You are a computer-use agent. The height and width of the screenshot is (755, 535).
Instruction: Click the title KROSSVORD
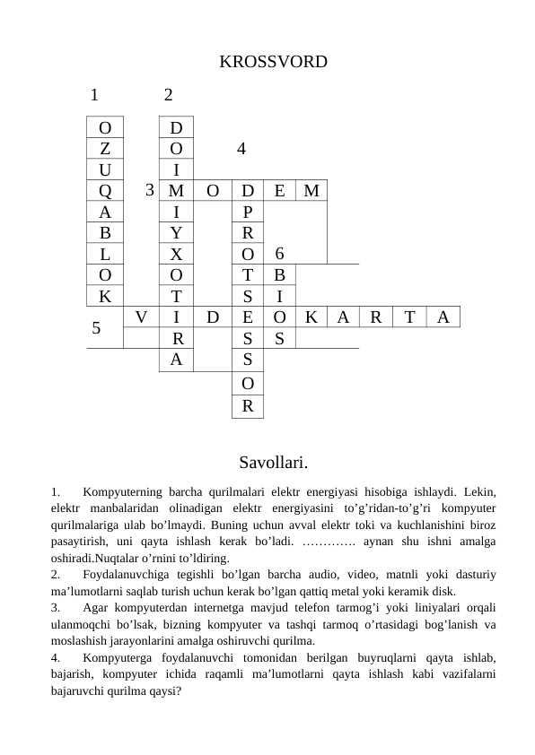tap(273, 62)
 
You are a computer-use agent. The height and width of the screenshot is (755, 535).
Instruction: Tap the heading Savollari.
tap(274, 463)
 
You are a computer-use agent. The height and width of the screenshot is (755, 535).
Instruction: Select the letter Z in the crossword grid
tap(105, 147)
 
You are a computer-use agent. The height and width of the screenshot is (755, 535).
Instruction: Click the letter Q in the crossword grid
tap(105, 190)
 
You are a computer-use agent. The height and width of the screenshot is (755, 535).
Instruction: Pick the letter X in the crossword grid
tap(177, 254)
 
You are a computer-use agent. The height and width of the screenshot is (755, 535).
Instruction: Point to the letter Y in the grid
tap(177, 232)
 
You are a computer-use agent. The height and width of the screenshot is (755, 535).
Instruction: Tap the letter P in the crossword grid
tap(248, 212)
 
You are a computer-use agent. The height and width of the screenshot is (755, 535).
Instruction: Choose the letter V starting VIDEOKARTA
tap(141, 316)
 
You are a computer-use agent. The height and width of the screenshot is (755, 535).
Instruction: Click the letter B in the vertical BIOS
tap(279, 274)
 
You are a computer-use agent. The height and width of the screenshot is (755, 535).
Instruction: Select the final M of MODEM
tap(311, 190)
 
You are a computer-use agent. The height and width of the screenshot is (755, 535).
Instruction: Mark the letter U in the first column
tap(105, 169)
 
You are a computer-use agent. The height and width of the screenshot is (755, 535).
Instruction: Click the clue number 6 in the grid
tap(279, 253)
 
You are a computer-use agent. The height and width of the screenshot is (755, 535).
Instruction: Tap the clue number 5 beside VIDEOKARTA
tap(96, 327)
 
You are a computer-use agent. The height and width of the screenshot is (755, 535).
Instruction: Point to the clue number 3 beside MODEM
tap(150, 189)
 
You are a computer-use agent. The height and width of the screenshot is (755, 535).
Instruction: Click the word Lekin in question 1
tap(479, 491)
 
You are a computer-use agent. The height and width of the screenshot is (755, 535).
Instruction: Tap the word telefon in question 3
tap(292, 609)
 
